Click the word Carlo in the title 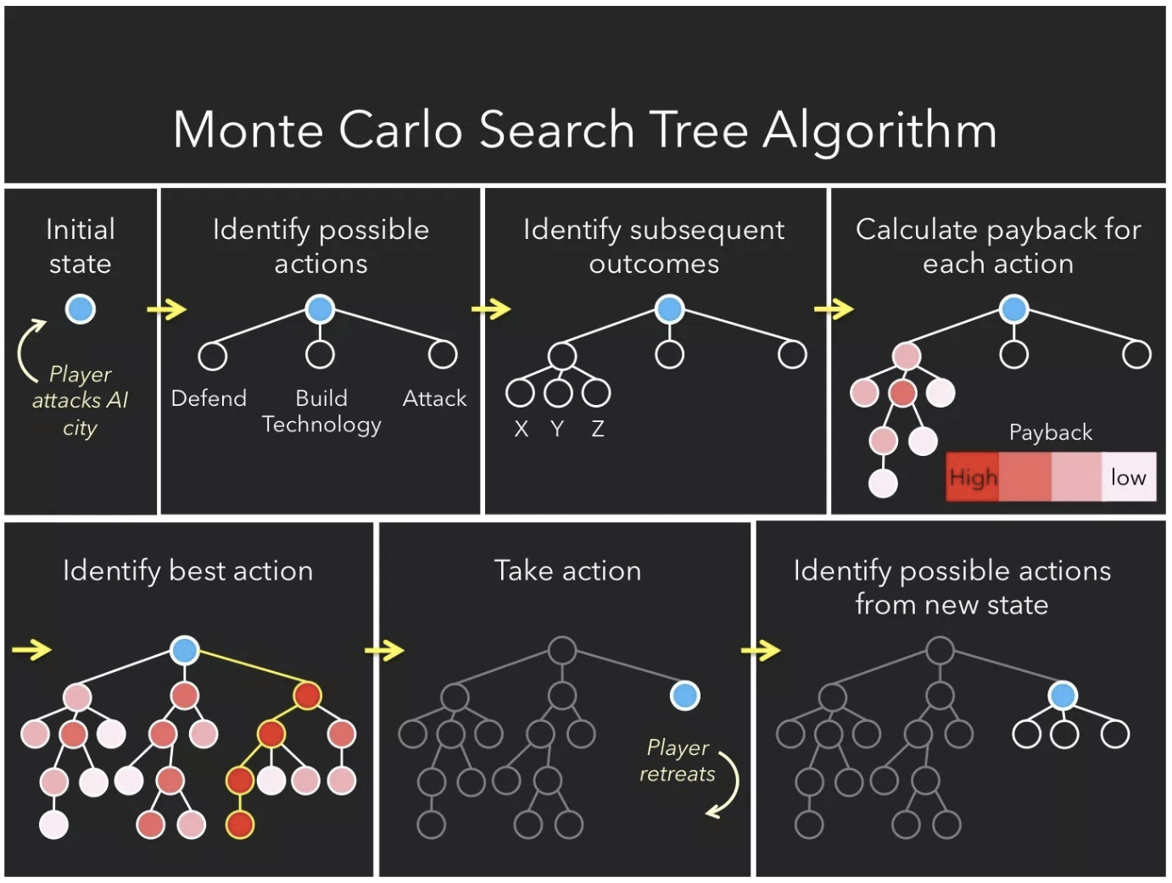point(400,130)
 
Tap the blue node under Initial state point(81,309)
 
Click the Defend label point(209,398)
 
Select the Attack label point(434,398)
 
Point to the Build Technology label point(321,411)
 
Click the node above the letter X point(520,392)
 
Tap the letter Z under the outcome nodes point(598,429)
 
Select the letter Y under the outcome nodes point(557,429)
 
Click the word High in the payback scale point(973,478)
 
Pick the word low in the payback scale point(1128,478)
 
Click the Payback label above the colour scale point(1051,432)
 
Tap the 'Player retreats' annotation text point(677,760)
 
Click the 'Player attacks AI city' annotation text point(81,400)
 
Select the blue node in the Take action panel point(684,696)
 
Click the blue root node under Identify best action point(184,650)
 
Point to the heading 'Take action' point(567,570)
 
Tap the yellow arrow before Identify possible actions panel point(166,309)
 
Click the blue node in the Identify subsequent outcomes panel point(669,309)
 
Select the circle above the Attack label point(443,354)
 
